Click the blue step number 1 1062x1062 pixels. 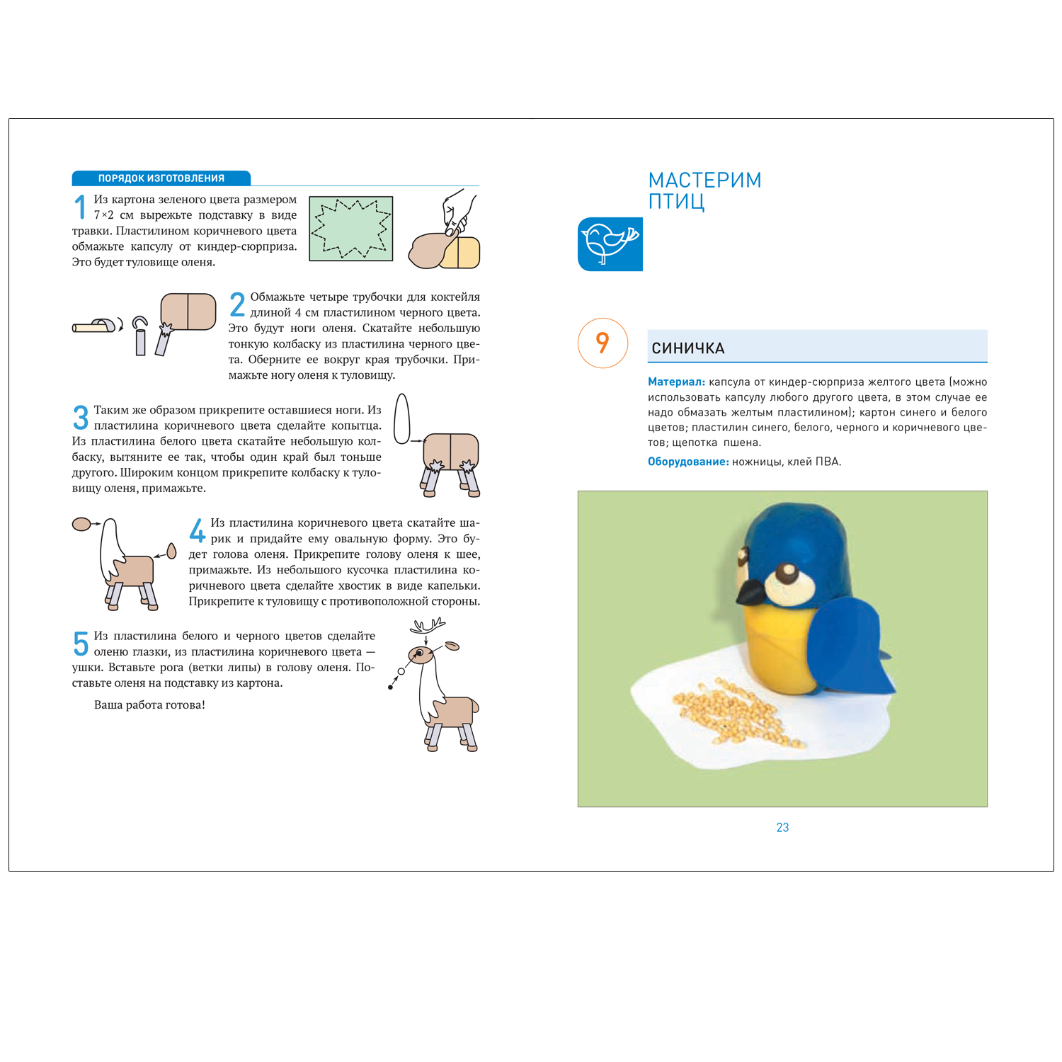tap(80, 207)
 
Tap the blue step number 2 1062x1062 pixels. tap(237, 305)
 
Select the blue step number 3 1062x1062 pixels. tap(81, 418)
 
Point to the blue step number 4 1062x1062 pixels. tap(197, 530)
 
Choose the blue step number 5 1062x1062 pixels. tap(81, 644)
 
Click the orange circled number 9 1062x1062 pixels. tap(603, 343)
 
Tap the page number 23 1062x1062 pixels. tap(782, 827)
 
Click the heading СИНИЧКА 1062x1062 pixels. tap(687, 348)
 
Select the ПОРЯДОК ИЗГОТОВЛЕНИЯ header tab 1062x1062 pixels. tap(161, 178)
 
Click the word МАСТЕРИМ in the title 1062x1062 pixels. tap(704, 180)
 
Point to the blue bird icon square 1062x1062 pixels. tap(610, 244)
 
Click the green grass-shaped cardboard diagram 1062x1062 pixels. tap(351, 229)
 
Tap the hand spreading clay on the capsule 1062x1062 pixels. tap(457, 211)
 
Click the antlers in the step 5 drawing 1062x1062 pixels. tap(429, 625)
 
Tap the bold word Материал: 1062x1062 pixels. tap(676, 382)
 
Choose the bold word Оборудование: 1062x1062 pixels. tap(688, 462)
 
